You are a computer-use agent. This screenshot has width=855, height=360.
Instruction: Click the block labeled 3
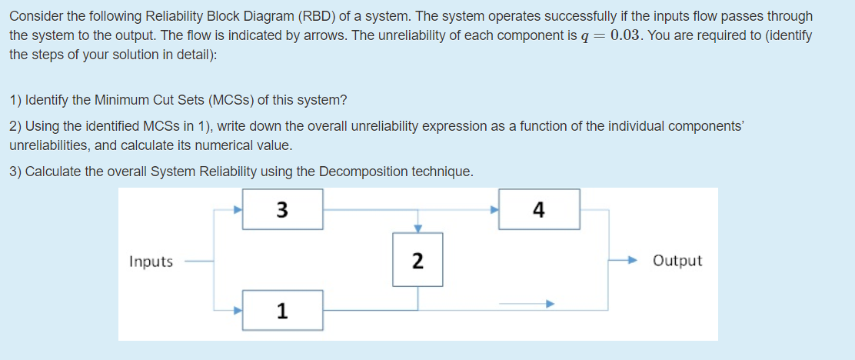tap(282, 209)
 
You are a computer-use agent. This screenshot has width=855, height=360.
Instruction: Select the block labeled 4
tap(539, 209)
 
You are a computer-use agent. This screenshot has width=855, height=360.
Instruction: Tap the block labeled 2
tap(417, 261)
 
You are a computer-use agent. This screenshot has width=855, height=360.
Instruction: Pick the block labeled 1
tap(282, 311)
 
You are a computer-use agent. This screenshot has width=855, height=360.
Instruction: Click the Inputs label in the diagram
tap(151, 262)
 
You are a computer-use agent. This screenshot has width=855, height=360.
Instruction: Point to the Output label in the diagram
tap(677, 261)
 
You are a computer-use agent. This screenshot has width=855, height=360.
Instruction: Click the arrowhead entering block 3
tap(238, 208)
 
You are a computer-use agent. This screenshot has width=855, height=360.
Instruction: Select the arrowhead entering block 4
tap(494, 208)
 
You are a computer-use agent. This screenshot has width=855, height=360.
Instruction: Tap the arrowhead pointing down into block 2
tap(418, 228)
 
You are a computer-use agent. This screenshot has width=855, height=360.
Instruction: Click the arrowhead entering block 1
tap(238, 310)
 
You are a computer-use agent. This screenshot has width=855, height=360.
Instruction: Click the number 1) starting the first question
tap(15, 100)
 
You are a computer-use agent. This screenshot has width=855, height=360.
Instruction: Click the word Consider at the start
tap(32, 16)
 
